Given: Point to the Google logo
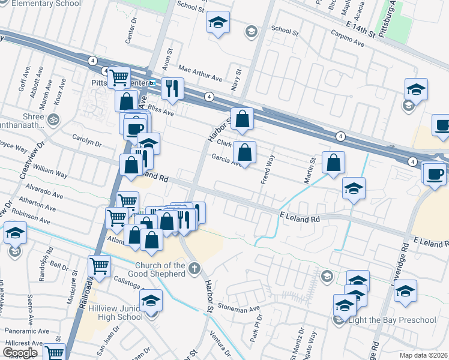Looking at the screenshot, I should [x=20, y=352].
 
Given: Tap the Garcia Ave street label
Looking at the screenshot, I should [x=225, y=160].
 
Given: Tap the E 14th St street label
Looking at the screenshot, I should [x=361, y=28].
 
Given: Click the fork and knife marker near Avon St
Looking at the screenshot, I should [x=172, y=88].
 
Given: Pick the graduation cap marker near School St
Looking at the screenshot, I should [x=217, y=23].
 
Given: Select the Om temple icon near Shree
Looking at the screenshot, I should [x=55, y=118].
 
